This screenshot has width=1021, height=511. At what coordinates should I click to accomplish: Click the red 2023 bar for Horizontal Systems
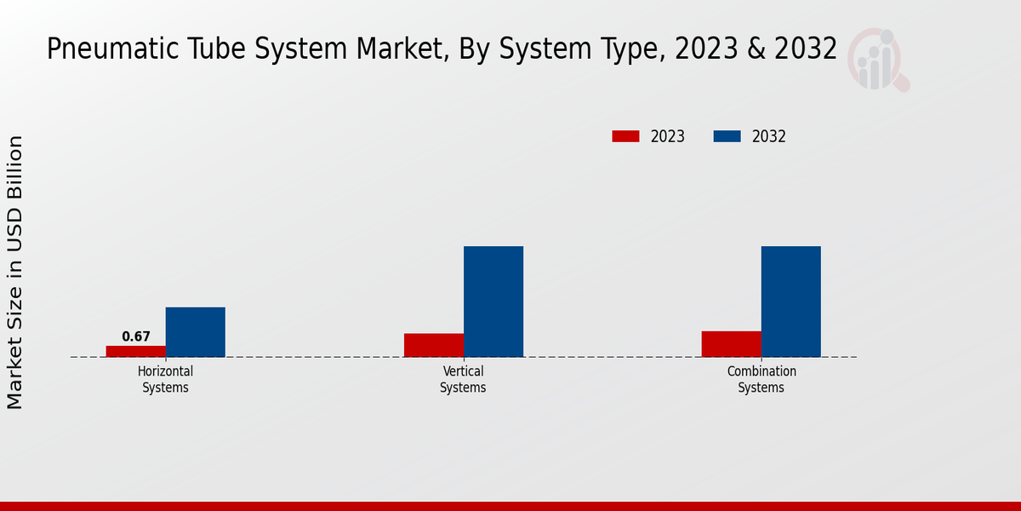(x=136, y=351)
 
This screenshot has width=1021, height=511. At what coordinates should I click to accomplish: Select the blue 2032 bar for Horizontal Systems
(x=196, y=332)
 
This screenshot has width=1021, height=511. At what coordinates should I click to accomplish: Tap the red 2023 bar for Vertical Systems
(x=434, y=345)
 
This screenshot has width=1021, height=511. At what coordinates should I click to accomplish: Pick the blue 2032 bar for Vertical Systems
(x=493, y=301)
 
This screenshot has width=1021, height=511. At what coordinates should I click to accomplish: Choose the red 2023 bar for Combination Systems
(x=732, y=344)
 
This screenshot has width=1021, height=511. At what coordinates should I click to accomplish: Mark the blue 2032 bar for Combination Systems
(x=791, y=301)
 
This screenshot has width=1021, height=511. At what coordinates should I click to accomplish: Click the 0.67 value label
(x=136, y=337)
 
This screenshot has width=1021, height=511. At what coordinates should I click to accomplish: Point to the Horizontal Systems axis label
(x=166, y=380)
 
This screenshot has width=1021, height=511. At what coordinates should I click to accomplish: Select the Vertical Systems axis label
(x=463, y=380)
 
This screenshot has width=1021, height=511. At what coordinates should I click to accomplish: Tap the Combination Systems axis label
(x=761, y=380)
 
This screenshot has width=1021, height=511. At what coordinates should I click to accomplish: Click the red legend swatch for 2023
(x=625, y=136)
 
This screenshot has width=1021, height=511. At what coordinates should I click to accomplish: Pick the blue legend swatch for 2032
(x=727, y=136)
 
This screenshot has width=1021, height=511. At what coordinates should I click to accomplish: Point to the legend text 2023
(x=668, y=136)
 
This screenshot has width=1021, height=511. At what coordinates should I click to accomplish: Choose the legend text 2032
(x=769, y=136)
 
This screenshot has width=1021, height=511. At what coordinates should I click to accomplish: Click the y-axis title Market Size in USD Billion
(x=15, y=273)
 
